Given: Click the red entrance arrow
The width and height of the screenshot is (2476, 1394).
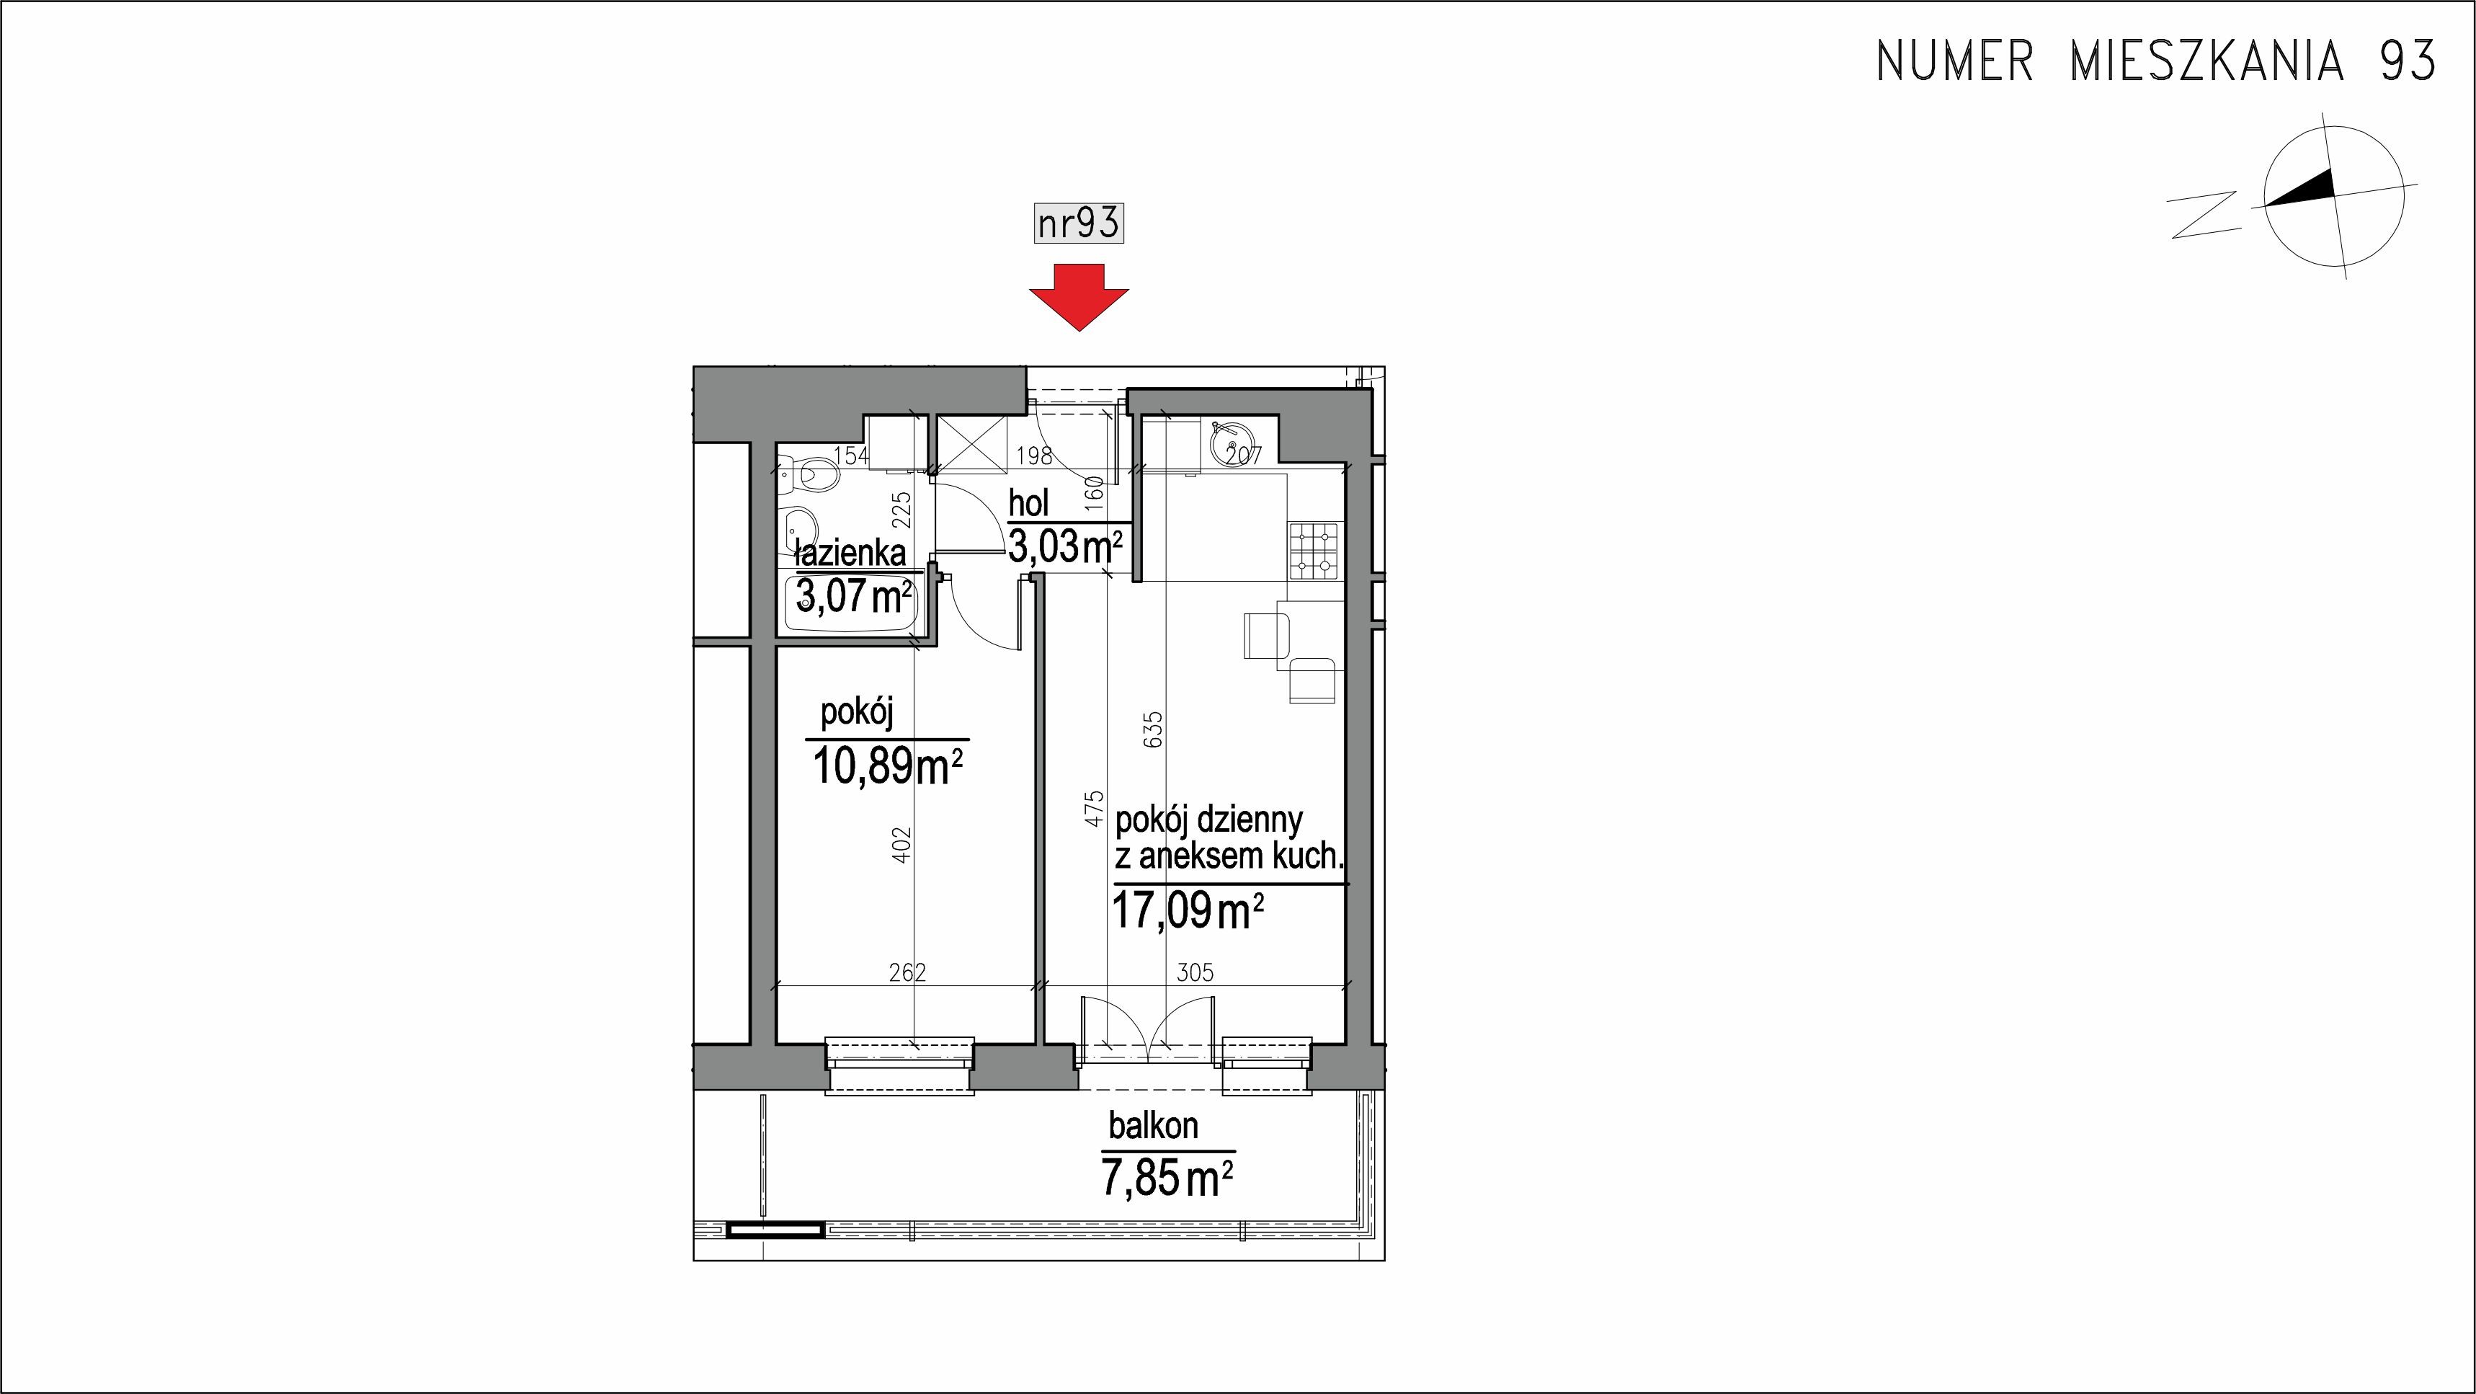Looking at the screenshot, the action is (1079, 296).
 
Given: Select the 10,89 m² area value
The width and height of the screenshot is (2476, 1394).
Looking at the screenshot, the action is (887, 767).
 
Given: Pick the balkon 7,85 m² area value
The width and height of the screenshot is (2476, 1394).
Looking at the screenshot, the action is (1167, 1178).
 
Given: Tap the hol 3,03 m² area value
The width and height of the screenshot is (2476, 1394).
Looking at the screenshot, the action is (1065, 547).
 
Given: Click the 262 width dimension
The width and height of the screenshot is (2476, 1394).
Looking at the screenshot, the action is (907, 973).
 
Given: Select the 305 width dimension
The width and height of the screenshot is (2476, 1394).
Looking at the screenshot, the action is (1195, 973).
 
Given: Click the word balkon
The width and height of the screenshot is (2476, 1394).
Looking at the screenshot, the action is (1154, 1126).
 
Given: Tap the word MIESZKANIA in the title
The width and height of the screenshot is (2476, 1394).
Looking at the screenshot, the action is (2204, 61).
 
